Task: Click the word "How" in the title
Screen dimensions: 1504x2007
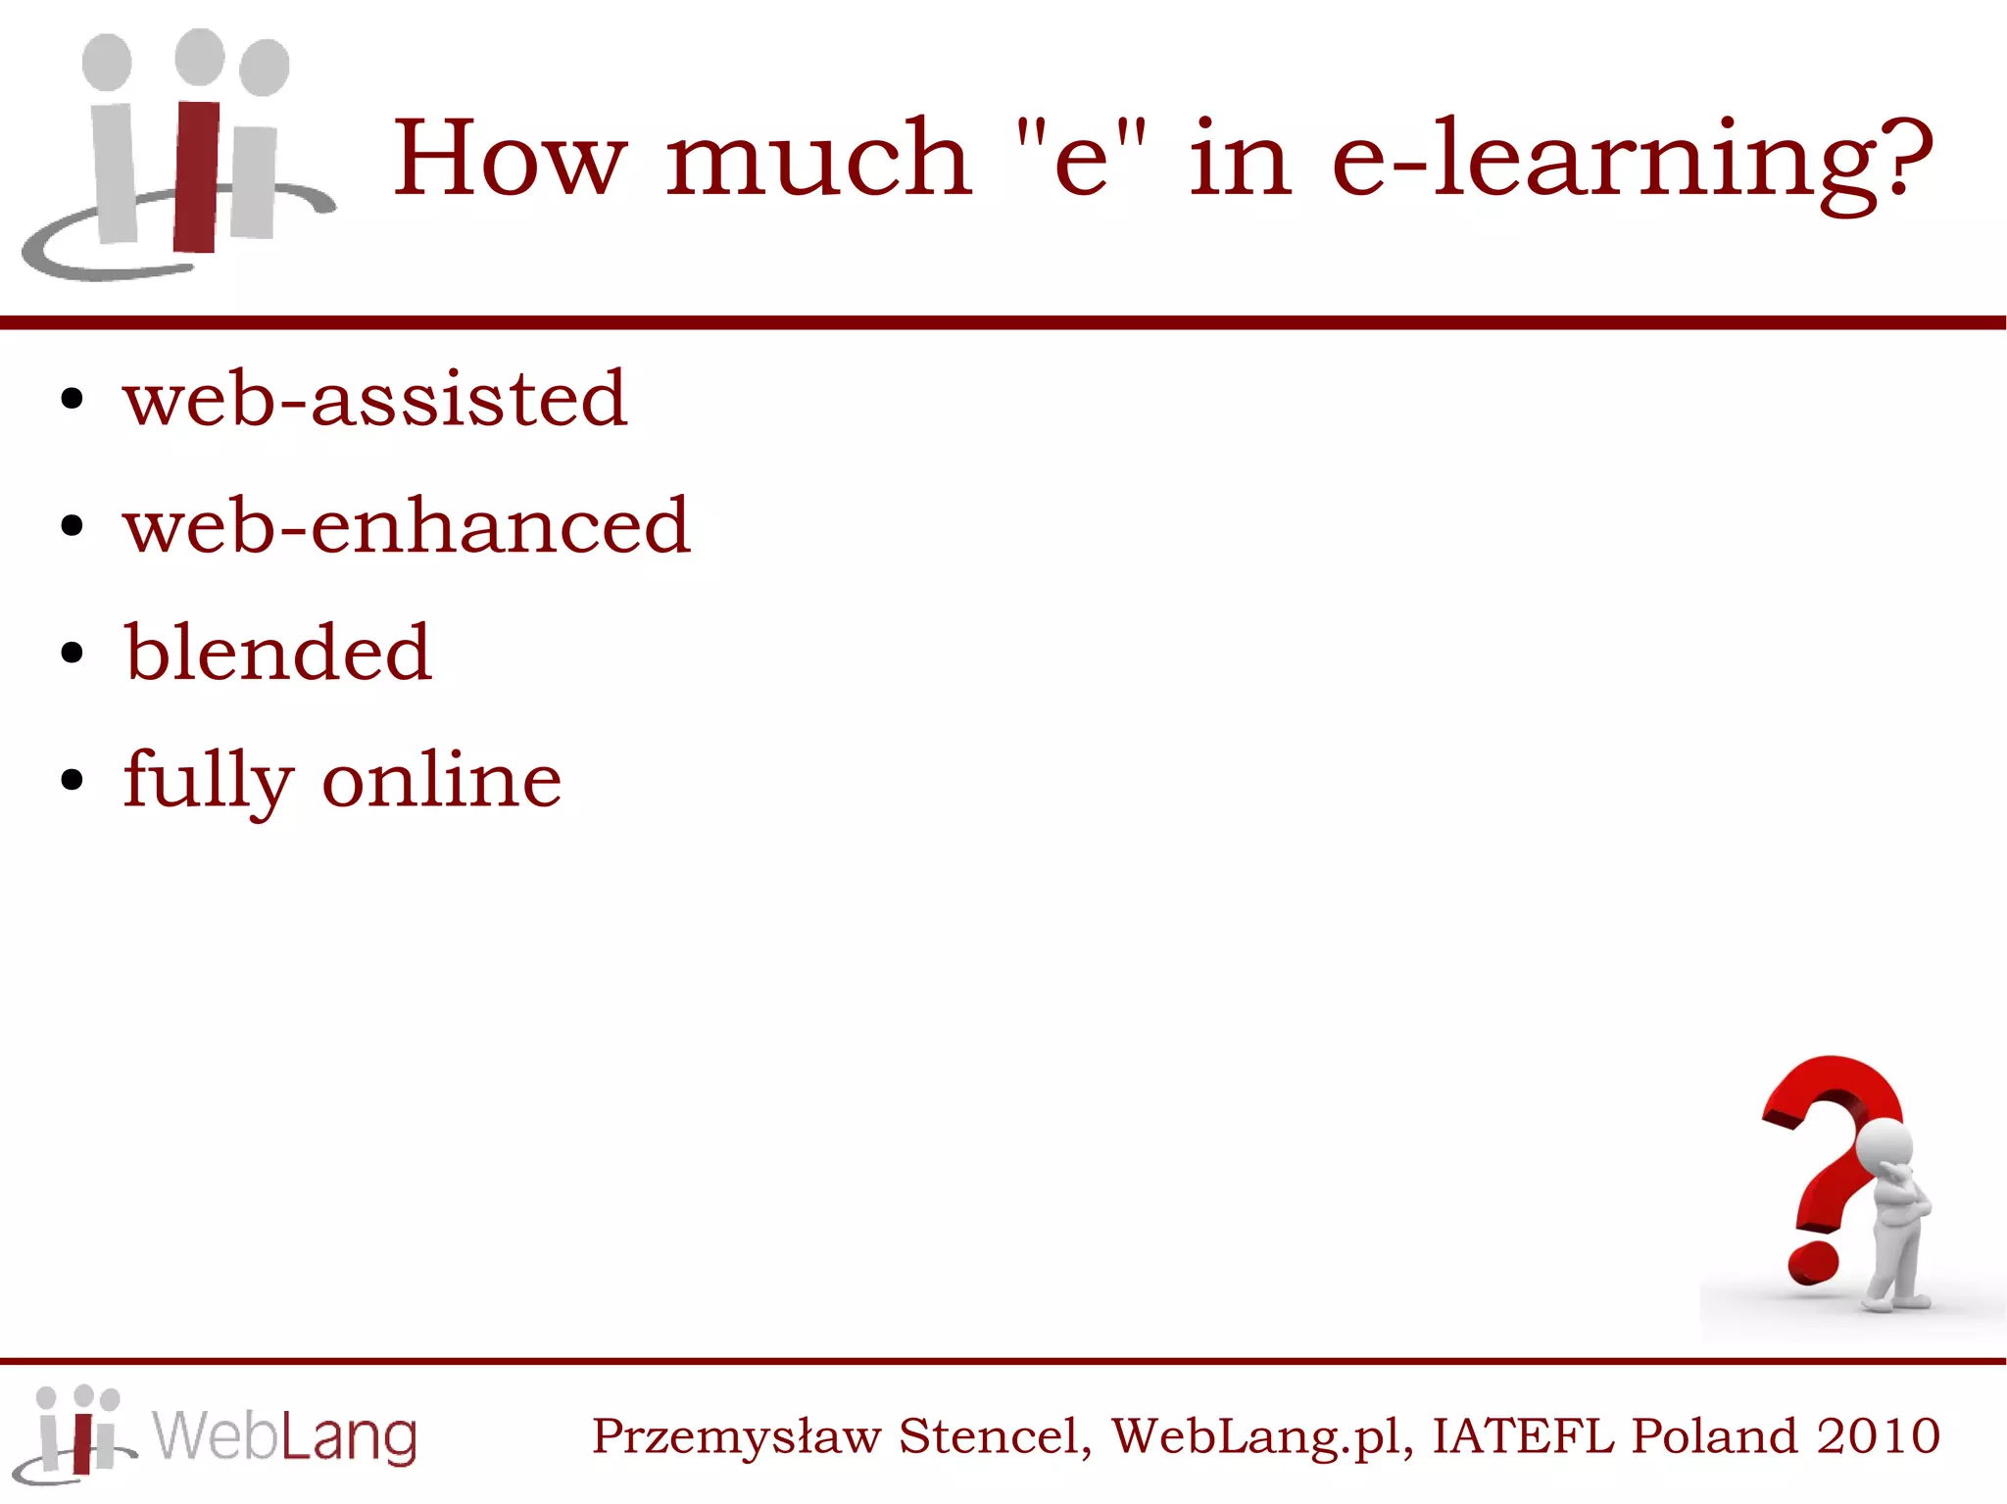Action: [x=509, y=158]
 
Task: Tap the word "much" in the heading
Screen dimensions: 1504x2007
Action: [x=818, y=158]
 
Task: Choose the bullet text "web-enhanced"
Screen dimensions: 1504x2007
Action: [x=407, y=526]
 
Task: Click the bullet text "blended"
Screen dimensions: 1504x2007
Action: [x=277, y=653]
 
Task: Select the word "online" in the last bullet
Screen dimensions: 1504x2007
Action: [x=442, y=781]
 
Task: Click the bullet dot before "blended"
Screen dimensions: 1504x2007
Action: [x=72, y=653]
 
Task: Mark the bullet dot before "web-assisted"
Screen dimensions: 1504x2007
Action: [x=72, y=399]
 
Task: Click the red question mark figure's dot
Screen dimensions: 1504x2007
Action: [x=1813, y=1263]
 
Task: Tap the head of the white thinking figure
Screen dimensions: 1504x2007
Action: [x=1885, y=1146]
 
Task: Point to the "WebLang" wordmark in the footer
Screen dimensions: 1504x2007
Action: [x=284, y=1437]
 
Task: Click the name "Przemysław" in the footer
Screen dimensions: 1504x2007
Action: [x=736, y=1437]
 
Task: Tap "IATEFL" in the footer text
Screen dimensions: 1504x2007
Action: [x=1522, y=1436]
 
